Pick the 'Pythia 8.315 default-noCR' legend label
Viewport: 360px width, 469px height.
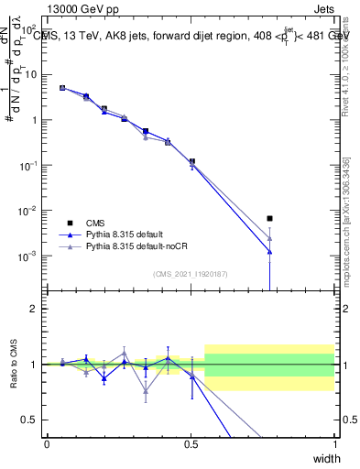coord(134,246)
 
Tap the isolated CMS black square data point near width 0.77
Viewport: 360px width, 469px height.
coord(269,218)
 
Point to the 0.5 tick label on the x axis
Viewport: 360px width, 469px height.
coord(191,444)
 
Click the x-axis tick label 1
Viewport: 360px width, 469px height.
coord(334,444)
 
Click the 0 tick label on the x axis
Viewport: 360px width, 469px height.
coord(48,444)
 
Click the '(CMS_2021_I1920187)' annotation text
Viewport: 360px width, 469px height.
coord(191,274)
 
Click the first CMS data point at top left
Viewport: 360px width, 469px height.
coord(62,88)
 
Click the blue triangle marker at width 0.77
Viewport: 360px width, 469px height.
coord(269,251)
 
